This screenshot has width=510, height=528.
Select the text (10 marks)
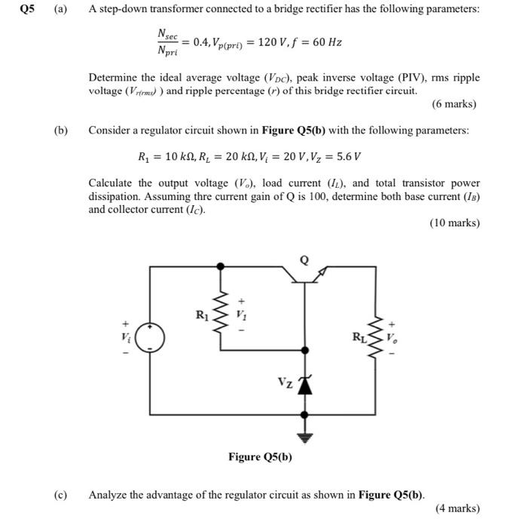[x=454, y=223]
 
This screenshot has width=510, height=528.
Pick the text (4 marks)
[x=457, y=508]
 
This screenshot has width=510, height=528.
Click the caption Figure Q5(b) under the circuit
[x=261, y=457]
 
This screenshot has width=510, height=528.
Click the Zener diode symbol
[x=304, y=384]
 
